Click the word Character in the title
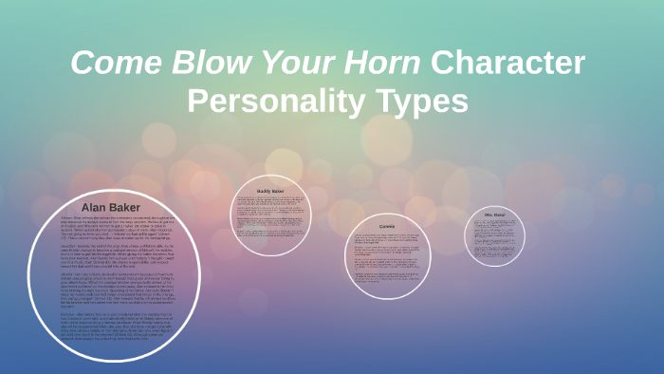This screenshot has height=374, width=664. [x=508, y=63]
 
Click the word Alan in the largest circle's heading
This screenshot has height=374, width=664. [x=95, y=206]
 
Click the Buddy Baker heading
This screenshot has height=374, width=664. [x=271, y=191]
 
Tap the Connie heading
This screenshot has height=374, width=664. [x=386, y=226]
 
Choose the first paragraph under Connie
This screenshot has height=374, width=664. [x=386, y=239]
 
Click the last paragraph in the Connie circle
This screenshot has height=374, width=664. [x=386, y=275]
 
